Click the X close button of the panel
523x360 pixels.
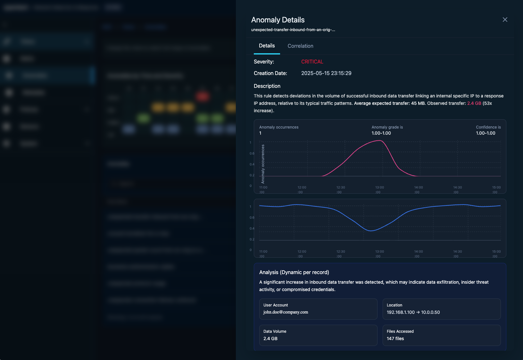coord(505,20)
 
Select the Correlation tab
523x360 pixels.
coord(300,46)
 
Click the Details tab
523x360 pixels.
coord(267,46)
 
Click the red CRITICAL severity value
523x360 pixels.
coord(312,62)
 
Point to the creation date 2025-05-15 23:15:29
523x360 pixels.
coord(326,73)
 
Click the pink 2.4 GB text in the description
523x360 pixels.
coord(474,103)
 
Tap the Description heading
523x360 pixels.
coord(267,86)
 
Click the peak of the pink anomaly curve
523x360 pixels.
coord(381,140)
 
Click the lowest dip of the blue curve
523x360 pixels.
coord(371,230)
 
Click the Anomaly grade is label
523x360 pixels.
coord(387,127)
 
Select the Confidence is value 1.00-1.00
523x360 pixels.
coord(486,133)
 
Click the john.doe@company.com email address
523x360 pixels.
coord(286,312)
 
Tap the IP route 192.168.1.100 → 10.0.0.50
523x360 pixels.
coord(413,312)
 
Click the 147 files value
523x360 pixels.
coord(395,339)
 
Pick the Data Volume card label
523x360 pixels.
coord(275,331)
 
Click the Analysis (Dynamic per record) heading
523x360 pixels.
coord(294,272)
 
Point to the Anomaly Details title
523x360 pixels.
coord(278,20)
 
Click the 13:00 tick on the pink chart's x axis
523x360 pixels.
coord(379,188)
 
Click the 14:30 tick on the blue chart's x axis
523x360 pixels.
coord(457,252)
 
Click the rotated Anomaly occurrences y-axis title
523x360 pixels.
coord(263,163)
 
